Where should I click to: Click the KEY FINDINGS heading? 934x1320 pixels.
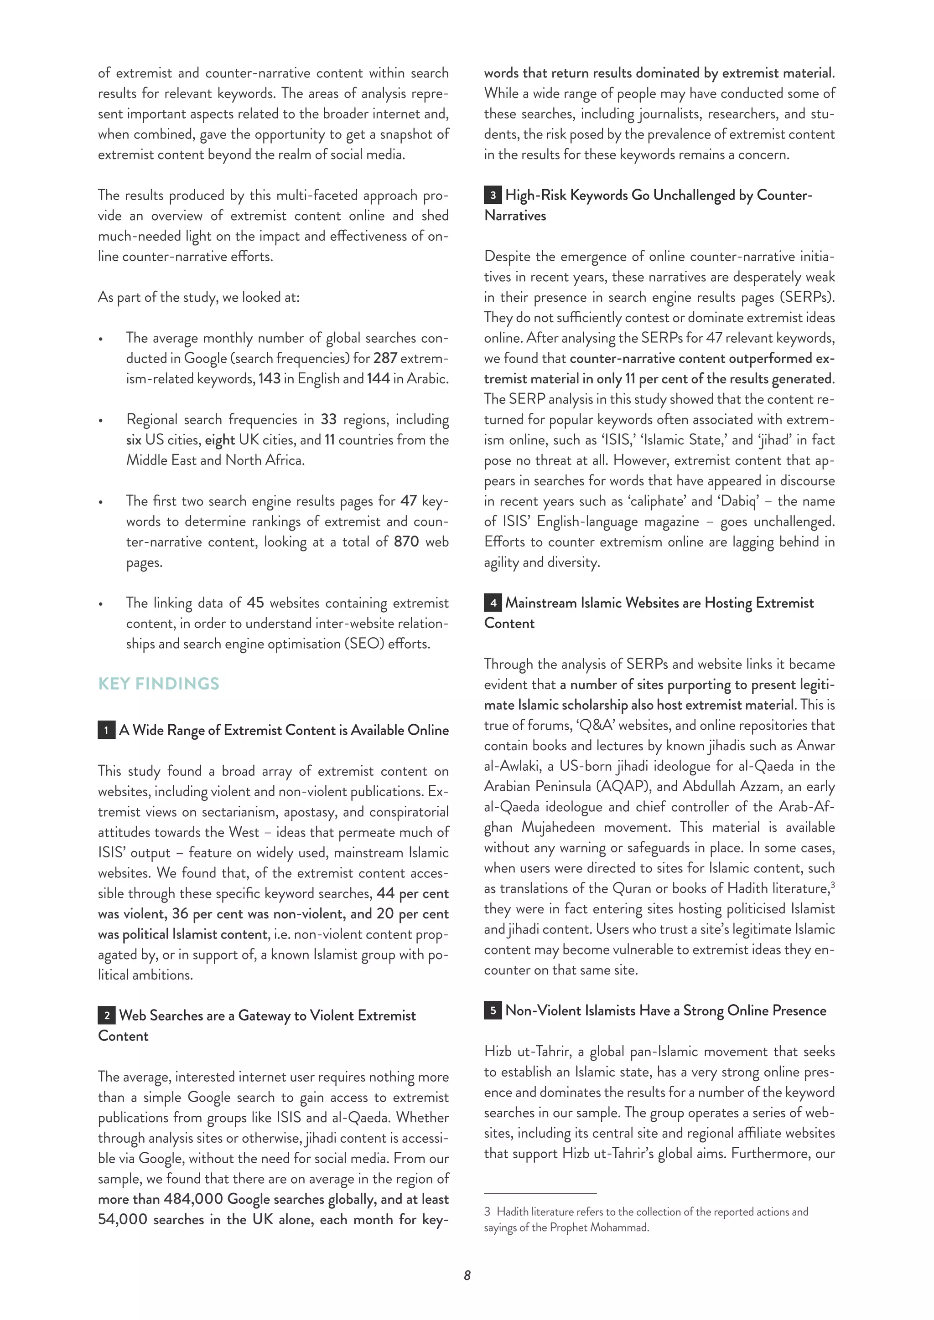(158, 684)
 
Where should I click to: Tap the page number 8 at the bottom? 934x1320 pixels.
(467, 1275)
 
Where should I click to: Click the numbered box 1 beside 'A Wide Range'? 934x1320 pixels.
(106, 731)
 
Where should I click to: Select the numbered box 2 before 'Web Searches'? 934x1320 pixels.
(106, 1016)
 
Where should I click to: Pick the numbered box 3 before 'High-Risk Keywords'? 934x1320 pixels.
(493, 196)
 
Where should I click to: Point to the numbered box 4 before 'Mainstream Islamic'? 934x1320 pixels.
(493, 603)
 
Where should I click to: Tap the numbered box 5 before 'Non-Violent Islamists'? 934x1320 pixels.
(493, 1011)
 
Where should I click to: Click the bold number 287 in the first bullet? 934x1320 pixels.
(385, 358)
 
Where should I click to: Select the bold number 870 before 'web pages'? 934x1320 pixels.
(406, 541)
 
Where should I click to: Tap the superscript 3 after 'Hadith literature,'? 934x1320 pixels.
(833, 885)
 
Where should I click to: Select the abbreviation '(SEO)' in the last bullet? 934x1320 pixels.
(363, 644)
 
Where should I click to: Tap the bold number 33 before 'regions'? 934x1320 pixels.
(328, 419)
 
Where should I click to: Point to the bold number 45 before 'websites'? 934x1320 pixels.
(255, 603)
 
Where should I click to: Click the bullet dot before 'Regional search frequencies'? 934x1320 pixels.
(101, 421)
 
